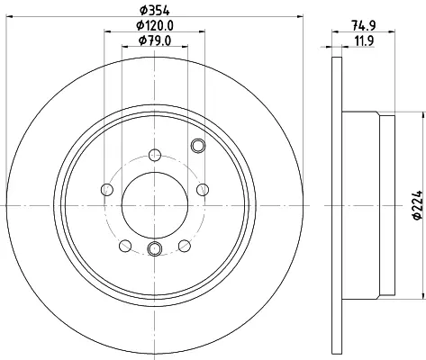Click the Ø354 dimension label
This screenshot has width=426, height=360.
click(155, 11)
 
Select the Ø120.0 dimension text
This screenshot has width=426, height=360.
click(155, 26)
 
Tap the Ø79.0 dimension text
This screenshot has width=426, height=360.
click(155, 40)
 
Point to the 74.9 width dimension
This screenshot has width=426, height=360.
click(364, 26)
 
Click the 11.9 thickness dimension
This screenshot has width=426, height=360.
click(364, 40)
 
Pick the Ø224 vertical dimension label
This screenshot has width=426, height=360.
click(418, 205)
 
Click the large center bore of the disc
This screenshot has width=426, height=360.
click(155, 205)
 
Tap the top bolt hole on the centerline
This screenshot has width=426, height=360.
click(155, 155)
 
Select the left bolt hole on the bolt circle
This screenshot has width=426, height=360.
click(107, 190)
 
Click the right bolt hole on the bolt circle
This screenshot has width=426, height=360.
click(203, 190)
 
